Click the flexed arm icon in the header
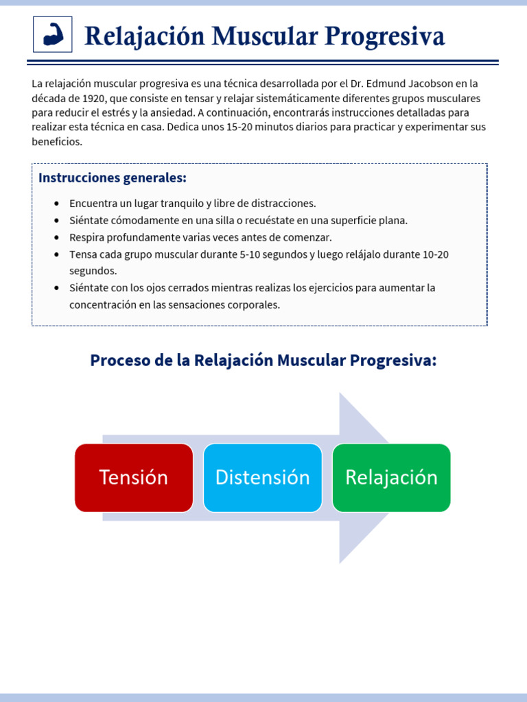tap(53, 34)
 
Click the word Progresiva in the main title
tap(385, 36)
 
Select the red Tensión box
tap(134, 477)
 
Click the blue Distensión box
tap(263, 477)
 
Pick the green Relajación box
tap(391, 477)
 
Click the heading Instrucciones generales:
tap(113, 178)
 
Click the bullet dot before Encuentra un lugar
tap(56, 204)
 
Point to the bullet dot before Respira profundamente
tap(56, 237)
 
